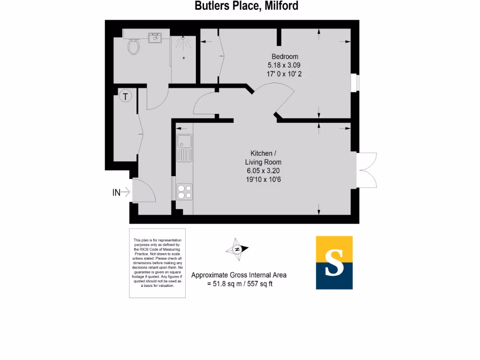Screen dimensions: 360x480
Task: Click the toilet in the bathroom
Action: point(134,46)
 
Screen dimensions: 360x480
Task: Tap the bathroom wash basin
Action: point(155,37)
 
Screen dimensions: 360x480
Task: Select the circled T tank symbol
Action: point(125,97)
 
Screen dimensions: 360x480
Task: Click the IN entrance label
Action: point(117,192)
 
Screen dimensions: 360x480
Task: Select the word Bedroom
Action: point(285,57)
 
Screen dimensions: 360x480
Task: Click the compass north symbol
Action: point(237,249)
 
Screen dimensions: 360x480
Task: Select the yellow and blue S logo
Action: point(334,262)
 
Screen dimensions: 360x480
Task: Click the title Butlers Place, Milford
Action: point(247,6)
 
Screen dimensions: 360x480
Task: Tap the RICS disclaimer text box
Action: point(157,262)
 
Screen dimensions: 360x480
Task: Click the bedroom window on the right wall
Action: point(355,82)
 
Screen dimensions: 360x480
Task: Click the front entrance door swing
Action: point(143,191)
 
